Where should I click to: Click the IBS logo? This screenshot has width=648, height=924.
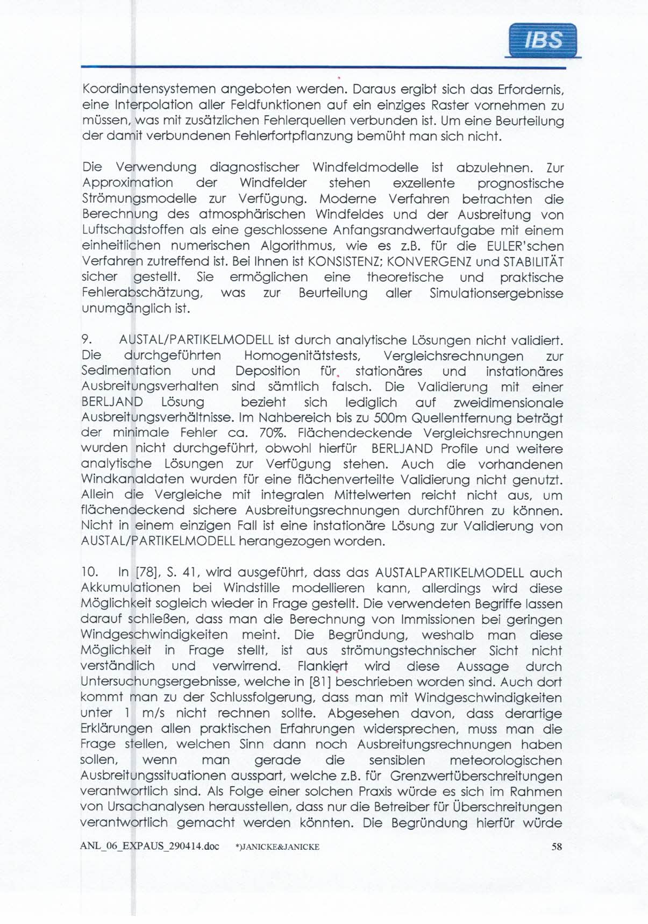point(543,40)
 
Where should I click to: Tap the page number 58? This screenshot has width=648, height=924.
point(557,846)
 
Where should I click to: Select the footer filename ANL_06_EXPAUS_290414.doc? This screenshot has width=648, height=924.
point(149,846)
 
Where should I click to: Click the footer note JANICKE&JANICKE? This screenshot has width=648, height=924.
point(277,847)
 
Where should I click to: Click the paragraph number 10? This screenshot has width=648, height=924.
point(89,573)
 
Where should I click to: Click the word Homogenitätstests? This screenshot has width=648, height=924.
point(302,356)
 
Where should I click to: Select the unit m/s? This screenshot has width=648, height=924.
point(154,713)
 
